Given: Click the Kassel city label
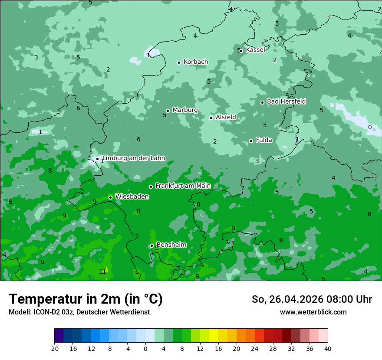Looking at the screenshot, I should click(x=255, y=50).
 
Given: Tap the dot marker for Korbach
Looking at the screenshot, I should click(x=179, y=62).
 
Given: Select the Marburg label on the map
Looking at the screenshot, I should click(x=185, y=110).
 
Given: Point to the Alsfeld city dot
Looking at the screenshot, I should click(x=211, y=118).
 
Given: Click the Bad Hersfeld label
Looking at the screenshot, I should click(x=286, y=101).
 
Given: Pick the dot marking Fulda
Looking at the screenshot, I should click(x=251, y=141).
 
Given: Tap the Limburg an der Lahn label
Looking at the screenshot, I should click(x=134, y=158).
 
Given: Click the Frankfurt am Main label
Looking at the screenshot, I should click(x=183, y=186).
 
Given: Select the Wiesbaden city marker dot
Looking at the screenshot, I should click(x=110, y=197).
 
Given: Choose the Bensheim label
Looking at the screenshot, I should click(x=171, y=245).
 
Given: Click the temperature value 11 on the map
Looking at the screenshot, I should click(x=102, y=272).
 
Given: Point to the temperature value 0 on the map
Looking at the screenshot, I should click(x=370, y=127).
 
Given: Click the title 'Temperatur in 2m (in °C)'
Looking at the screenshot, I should click(x=86, y=299).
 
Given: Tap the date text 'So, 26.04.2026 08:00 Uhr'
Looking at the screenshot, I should click(x=312, y=299).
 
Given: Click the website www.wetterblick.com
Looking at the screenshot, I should click(x=313, y=312).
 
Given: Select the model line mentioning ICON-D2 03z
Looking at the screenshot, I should click(x=79, y=312).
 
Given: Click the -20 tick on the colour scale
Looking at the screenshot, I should click(x=54, y=348).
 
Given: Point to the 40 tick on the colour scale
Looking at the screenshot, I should click(x=328, y=348).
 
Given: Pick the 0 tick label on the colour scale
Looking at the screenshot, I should click(x=145, y=348).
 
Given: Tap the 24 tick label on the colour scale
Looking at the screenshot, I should click(x=255, y=348).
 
